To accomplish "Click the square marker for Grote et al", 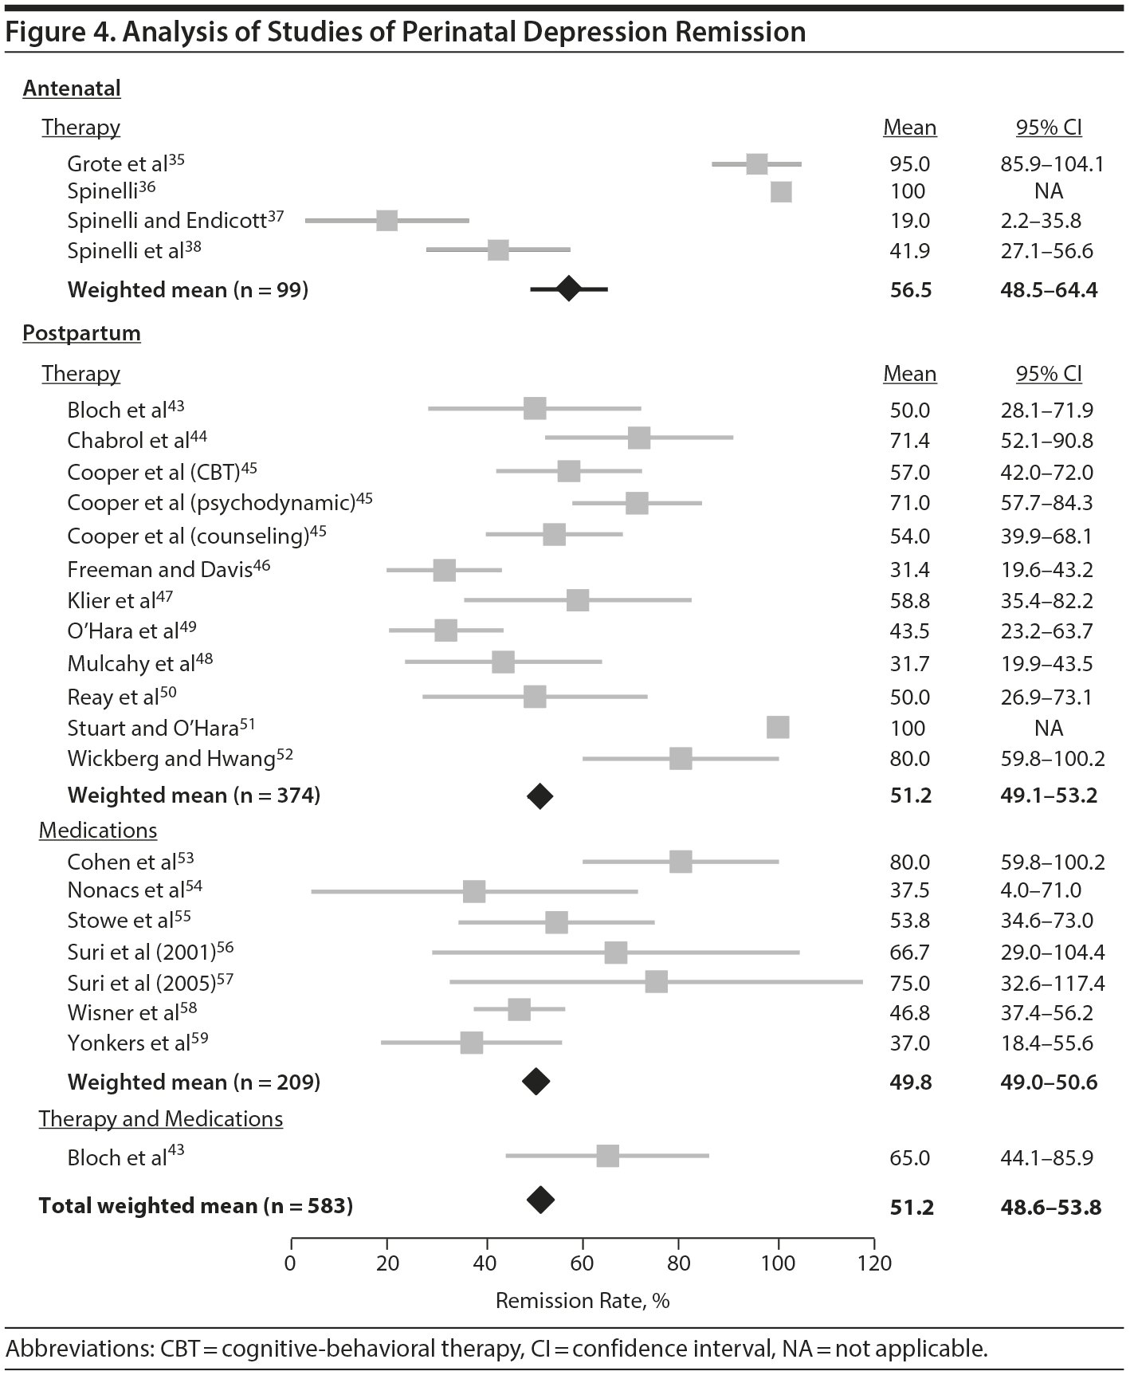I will [x=756, y=164].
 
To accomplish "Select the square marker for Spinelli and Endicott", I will [x=386, y=221].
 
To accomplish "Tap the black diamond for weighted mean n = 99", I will [x=568, y=289].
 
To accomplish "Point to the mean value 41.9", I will [x=909, y=251].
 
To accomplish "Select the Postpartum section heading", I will [x=81, y=332].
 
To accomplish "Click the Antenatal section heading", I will [x=72, y=88].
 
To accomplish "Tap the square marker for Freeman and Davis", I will [x=444, y=570].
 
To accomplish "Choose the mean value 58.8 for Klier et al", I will [x=909, y=601].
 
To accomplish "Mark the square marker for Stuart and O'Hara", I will [x=778, y=727].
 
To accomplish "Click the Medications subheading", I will [x=98, y=831].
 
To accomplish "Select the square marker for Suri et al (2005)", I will [x=656, y=981].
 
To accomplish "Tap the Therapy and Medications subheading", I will [x=161, y=1119].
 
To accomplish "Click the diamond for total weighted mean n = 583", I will [x=540, y=1200].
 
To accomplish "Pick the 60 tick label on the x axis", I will [x=583, y=1263].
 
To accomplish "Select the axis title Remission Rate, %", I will [x=582, y=1301].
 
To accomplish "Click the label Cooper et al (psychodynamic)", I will [x=211, y=503].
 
